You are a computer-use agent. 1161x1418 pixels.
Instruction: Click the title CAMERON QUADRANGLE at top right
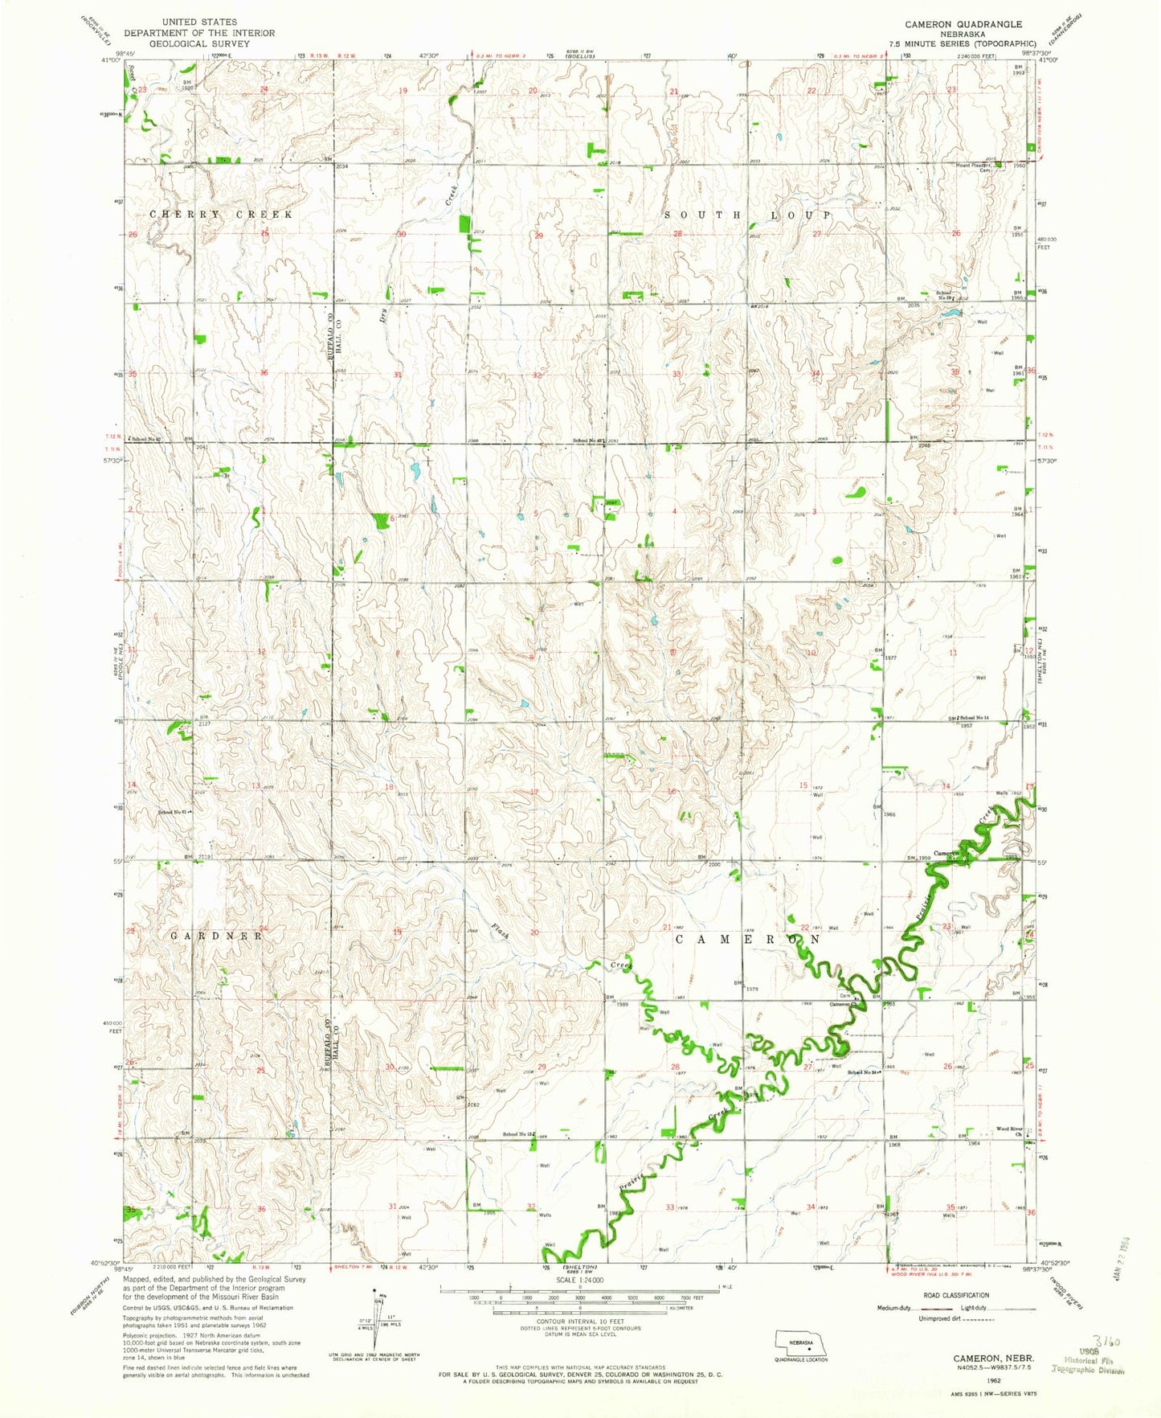tap(963, 25)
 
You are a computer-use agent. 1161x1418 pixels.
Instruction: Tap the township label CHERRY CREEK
tap(221, 215)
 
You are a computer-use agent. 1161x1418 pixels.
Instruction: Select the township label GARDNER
tap(216, 936)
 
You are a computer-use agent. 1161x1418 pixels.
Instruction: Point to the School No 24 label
tap(865, 1072)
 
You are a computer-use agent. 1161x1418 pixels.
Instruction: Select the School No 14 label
tap(974, 717)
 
